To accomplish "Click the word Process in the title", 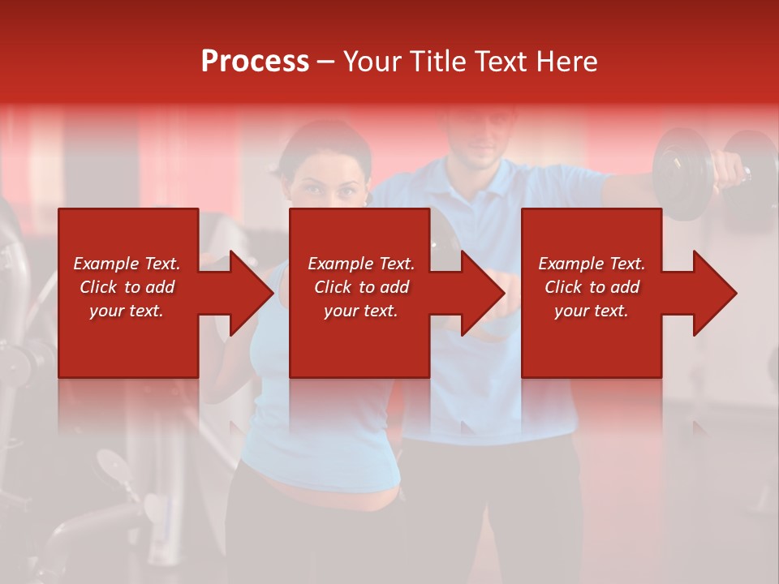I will click(255, 62).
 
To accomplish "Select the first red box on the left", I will click(128, 341).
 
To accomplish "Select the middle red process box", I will click(359, 341).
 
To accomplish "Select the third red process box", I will click(591, 341).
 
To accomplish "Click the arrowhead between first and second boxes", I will click(247, 293).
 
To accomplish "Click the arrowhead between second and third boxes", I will click(479, 293).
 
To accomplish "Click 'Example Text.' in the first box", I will click(127, 264).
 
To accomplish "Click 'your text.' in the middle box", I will click(360, 311).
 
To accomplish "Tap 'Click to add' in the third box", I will click(592, 287).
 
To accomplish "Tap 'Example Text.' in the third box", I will click(592, 264).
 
